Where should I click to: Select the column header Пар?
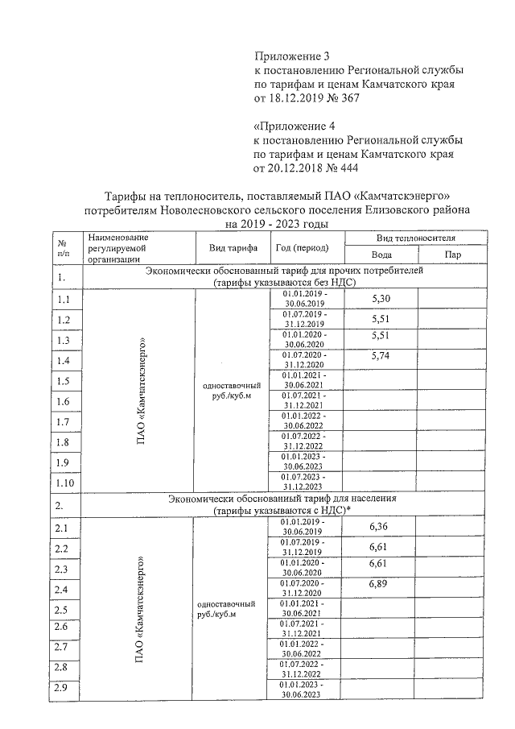[x=451, y=255]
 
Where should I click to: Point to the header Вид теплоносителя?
[x=416, y=238]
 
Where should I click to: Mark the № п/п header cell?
[x=62, y=247]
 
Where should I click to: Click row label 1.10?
[x=65, y=483]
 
